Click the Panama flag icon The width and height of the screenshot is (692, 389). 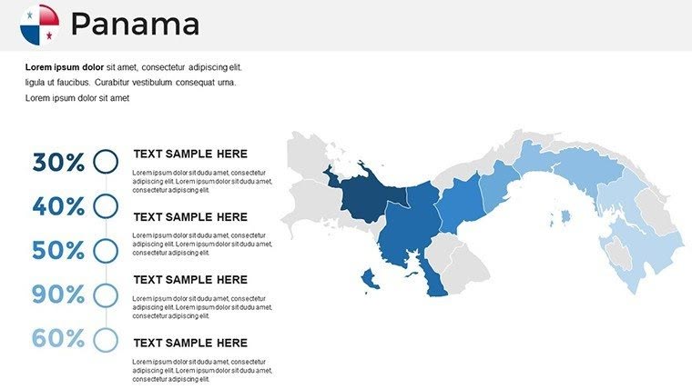point(39,25)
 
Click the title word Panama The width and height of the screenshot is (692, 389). point(135,25)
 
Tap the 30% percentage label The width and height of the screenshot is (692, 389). point(58,163)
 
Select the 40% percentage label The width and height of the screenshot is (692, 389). point(58,206)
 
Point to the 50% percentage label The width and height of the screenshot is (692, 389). point(58,250)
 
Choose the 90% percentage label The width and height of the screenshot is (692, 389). point(58,294)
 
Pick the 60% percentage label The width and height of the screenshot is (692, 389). point(58,339)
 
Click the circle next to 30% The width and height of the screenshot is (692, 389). point(106,162)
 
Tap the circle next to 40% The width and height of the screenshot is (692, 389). point(106,206)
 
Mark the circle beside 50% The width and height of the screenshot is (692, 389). point(106,250)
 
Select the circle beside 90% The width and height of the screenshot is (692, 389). point(106,294)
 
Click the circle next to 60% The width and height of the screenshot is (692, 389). point(106,339)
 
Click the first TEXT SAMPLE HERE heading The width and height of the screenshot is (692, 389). point(190,155)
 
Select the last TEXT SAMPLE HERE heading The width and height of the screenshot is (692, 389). point(190,343)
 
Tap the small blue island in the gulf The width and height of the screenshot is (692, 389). point(565,216)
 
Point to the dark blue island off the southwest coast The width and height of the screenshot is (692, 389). point(370,279)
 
